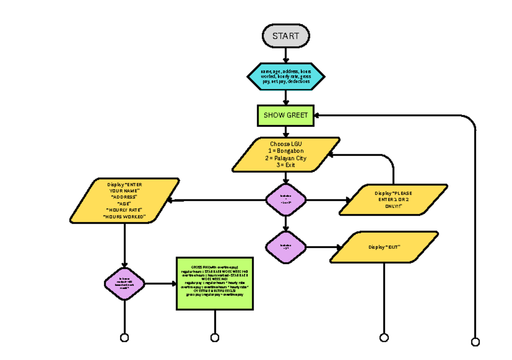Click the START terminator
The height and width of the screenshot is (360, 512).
tap(285, 36)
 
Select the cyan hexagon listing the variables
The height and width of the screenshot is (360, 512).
tap(285, 76)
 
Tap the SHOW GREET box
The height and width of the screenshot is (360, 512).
tap(285, 115)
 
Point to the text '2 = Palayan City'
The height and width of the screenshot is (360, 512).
tap(286, 158)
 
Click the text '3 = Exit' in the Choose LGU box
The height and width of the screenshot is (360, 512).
tap(286, 165)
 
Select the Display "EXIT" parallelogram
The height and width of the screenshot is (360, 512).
tap(384, 247)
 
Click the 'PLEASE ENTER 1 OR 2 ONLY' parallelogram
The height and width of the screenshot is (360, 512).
tap(393, 200)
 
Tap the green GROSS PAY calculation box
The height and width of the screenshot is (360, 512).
tap(215, 283)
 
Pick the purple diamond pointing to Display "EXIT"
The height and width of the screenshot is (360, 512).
tap(285, 247)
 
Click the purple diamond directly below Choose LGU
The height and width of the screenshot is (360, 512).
tap(285, 200)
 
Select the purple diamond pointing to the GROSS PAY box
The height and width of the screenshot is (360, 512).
tap(124, 284)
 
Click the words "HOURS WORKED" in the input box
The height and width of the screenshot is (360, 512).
tap(125, 217)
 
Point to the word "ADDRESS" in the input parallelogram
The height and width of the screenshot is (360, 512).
tap(125, 197)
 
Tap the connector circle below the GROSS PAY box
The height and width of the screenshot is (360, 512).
tap(215, 338)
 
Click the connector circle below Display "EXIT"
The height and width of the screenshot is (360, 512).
tap(384, 338)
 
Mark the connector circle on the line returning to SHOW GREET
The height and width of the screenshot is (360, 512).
tap(475, 342)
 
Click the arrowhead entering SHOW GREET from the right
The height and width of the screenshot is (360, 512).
tap(318, 115)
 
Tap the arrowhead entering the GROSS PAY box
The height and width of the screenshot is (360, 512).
tap(174, 284)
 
